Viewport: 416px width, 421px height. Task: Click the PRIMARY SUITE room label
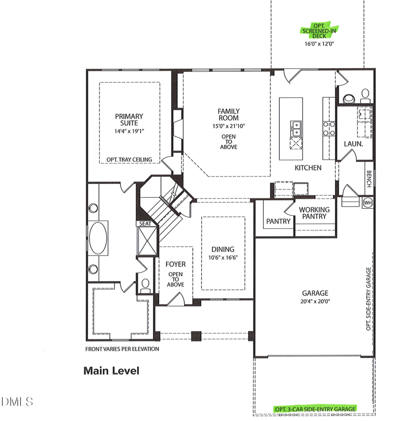(x=129, y=120)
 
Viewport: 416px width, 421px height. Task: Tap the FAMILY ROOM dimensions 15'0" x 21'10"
(x=228, y=126)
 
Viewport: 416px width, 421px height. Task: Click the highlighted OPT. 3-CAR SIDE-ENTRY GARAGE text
(x=316, y=409)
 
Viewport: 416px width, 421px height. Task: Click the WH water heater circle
(x=368, y=202)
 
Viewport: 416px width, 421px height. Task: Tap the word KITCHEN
(x=308, y=168)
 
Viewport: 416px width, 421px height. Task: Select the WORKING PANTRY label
(x=314, y=213)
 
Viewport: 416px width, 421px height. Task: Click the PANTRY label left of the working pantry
(x=278, y=221)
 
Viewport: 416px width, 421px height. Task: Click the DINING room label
(x=223, y=249)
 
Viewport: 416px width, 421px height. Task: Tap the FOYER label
(x=176, y=264)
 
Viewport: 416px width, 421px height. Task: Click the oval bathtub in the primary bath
(x=98, y=237)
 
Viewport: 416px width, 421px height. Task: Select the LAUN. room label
(x=353, y=143)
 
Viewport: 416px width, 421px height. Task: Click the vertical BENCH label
(x=368, y=179)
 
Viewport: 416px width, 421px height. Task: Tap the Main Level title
(x=111, y=371)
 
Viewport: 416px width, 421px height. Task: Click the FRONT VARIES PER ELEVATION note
(x=122, y=349)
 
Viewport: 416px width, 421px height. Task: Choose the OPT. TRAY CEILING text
(x=129, y=159)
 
